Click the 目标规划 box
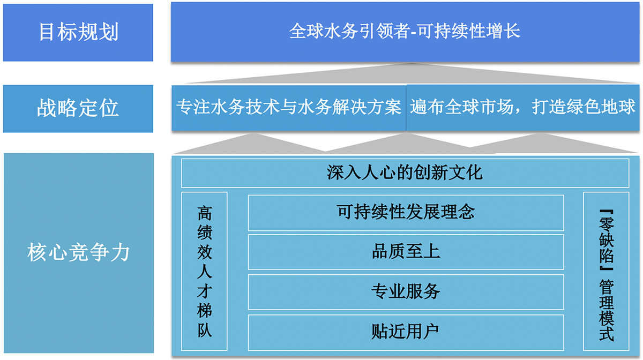pos(78,33)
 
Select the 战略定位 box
pos(78,109)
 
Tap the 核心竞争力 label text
pos(78,252)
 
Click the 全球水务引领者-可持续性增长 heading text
pos(405,31)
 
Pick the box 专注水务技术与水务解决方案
pos(289,108)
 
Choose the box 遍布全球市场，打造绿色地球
pos(523,108)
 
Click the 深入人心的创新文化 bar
pos(405,173)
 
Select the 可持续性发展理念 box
pos(406,213)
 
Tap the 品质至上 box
pos(406,252)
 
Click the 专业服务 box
pos(406,292)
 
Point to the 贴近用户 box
pos(406,333)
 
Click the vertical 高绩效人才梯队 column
pos(204,271)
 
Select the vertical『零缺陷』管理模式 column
pos(606,271)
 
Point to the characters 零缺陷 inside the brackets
pos(606,239)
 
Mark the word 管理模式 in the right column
pos(606,310)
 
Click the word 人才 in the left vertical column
pos(204,281)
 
